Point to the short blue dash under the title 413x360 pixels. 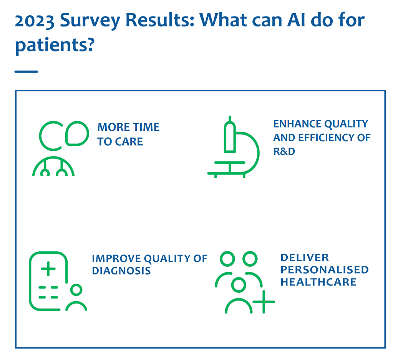(x=27, y=72)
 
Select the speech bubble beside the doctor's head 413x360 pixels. (x=77, y=134)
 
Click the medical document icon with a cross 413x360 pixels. (x=48, y=281)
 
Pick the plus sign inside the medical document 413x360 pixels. (x=48, y=269)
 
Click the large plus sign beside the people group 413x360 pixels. (x=264, y=302)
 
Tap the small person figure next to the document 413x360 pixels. (x=76, y=297)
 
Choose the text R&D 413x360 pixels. (x=284, y=152)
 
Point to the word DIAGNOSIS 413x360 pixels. (x=121, y=271)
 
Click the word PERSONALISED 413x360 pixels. (x=325, y=270)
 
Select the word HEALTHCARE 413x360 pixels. (x=318, y=282)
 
